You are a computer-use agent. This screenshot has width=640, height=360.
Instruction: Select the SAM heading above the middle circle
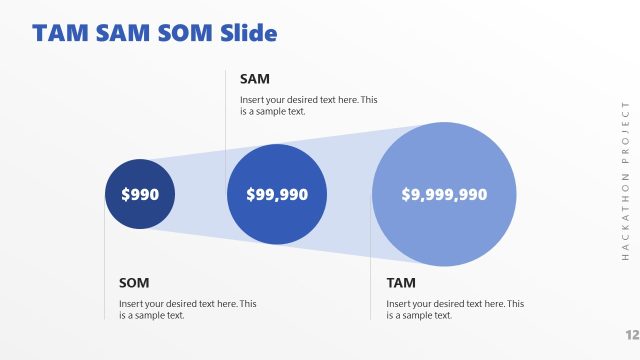point(255,78)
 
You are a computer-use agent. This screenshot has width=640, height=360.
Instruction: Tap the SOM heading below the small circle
point(134,282)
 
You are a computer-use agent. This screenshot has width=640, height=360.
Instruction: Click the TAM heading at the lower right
point(401,282)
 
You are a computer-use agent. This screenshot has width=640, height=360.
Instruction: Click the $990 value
point(140,195)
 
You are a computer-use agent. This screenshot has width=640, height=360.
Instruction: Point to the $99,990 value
point(277,195)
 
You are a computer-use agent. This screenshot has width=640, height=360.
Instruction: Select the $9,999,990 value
point(444,195)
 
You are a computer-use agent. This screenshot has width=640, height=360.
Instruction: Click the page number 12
point(631,334)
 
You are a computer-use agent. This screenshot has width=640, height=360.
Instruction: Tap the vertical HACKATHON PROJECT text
point(625,181)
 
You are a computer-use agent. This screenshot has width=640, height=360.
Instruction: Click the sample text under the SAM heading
point(308,106)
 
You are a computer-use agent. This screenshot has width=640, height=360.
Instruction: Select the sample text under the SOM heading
point(187,309)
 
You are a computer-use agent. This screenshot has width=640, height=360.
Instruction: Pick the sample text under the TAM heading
point(455,309)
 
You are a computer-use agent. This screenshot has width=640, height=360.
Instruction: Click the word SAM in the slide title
point(125,33)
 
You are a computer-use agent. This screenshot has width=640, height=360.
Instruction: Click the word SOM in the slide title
point(186,33)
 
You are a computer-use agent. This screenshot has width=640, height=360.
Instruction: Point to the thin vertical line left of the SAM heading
point(226,100)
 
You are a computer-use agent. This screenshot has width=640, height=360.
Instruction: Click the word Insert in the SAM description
point(253,100)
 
